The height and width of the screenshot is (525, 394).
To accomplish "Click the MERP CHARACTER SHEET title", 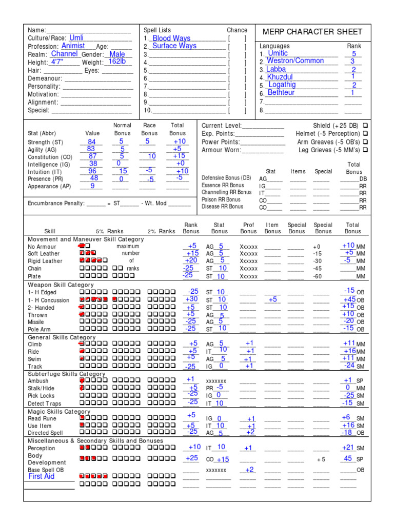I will (x=312, y=32).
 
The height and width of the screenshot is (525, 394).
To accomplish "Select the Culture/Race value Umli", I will (x=76, y=38).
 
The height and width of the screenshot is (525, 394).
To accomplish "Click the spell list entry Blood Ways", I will (x=171, y=38).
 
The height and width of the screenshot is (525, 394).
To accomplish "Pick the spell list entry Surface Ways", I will (x=174, y=46).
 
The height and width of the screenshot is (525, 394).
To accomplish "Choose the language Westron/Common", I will (x=295, y=61).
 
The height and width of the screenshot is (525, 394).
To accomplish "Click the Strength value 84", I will (x=92, y=142).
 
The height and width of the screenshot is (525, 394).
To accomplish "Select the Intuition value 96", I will (x=92, y=171).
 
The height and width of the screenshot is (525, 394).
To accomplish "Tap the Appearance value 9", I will (x=93, y=186).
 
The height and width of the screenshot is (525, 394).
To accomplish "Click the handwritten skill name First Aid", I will (x=42, y=476).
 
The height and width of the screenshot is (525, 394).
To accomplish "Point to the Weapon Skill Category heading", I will (x=61, y=285).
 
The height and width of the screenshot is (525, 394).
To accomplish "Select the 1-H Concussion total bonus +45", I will (x=349, y=299).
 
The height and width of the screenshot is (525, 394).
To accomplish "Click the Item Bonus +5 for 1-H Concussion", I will (x=272, y=299).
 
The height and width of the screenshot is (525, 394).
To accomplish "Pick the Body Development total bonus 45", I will (x=348, y=458).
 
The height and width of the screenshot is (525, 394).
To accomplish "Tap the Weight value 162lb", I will (x=117, y=62).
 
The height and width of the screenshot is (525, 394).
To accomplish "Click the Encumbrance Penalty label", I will (x=56, y=204).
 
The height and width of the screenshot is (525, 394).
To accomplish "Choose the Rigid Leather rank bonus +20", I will (x=191, y=260).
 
